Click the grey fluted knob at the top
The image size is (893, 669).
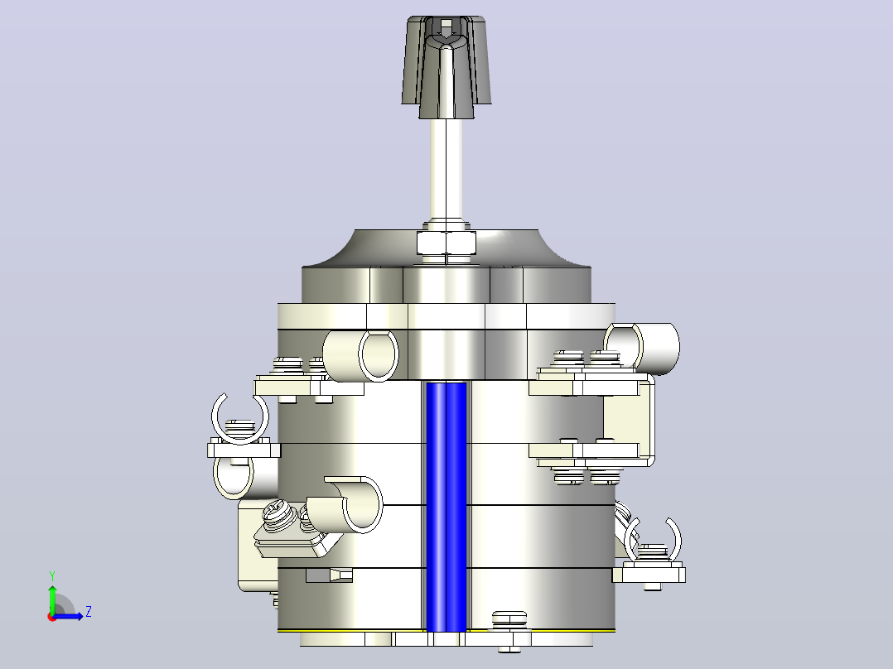[x=446, y=66]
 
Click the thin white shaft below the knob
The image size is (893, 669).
[x=446, y=171]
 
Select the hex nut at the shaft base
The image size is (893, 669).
[x=446, y=243]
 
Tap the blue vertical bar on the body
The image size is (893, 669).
[x=446, y=507]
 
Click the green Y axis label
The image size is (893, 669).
[x=52, y=575]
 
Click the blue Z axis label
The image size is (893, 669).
[x=89, y=612]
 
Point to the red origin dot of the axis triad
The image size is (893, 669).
[x=52, y=617]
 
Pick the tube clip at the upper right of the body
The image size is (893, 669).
[x=642, y=347]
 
